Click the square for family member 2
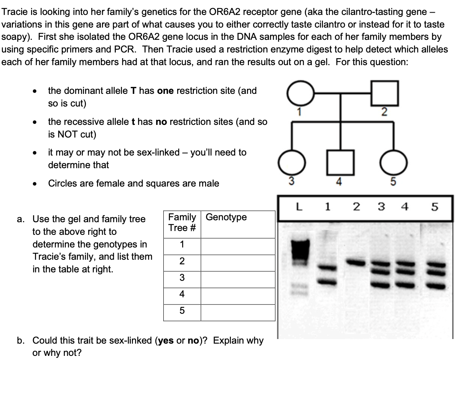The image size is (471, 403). [x=385, y=93]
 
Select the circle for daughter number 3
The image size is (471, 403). [x=291, y=163]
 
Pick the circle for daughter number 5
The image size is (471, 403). [x=393, y=163]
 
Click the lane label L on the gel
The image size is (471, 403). [x=299, y=207]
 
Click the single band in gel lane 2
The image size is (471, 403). [x=355, y=263]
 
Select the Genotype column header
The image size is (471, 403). [x=226, y=217]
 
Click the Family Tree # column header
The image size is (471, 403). [x=182, y=223]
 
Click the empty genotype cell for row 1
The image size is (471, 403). [x=238, y=246]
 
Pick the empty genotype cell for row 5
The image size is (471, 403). [x=238, y=313]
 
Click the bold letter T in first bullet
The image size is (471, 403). [x=133, y=91]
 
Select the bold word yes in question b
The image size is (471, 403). [x=166, y=341]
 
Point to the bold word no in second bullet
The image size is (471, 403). [x=161, y=122]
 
